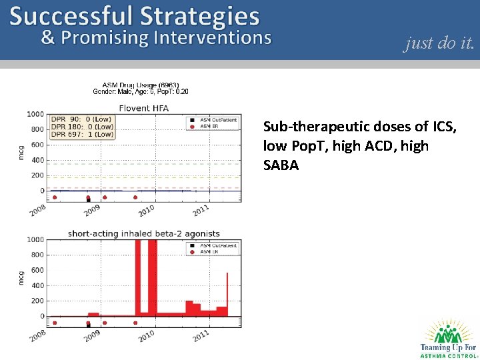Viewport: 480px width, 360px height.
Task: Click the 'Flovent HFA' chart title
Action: click(x=143, y=108)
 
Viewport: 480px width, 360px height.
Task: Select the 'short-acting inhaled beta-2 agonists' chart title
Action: click(x=143, y=234)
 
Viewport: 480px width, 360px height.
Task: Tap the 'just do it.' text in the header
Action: click(x=439, y=43)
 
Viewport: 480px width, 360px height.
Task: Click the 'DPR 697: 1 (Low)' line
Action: click(x=82, y=135)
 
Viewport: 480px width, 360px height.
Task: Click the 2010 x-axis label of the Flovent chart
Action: click(x=146, y=209)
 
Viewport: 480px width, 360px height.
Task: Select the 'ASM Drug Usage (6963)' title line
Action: click(x=140, y=85)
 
